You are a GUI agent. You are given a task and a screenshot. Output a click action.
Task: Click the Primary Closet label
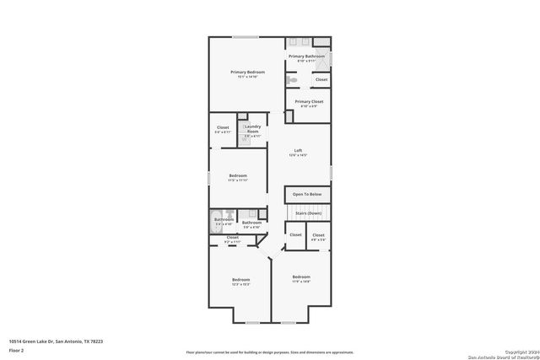point(306,103)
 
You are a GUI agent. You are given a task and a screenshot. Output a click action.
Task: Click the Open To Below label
point(307,195)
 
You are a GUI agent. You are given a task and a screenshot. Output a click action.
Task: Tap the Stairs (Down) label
point(307,213)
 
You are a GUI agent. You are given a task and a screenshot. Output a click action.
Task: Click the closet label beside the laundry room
point(223,130)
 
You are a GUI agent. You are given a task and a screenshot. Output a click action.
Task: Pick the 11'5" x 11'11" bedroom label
point(237,177)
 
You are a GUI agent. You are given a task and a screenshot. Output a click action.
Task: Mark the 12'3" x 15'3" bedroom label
point(241,281)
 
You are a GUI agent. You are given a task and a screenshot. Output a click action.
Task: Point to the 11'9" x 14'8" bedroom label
point(301,278)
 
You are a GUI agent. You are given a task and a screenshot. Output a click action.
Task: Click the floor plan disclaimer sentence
point(270,351)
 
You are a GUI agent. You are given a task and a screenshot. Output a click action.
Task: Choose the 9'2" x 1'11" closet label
point(232,239)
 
